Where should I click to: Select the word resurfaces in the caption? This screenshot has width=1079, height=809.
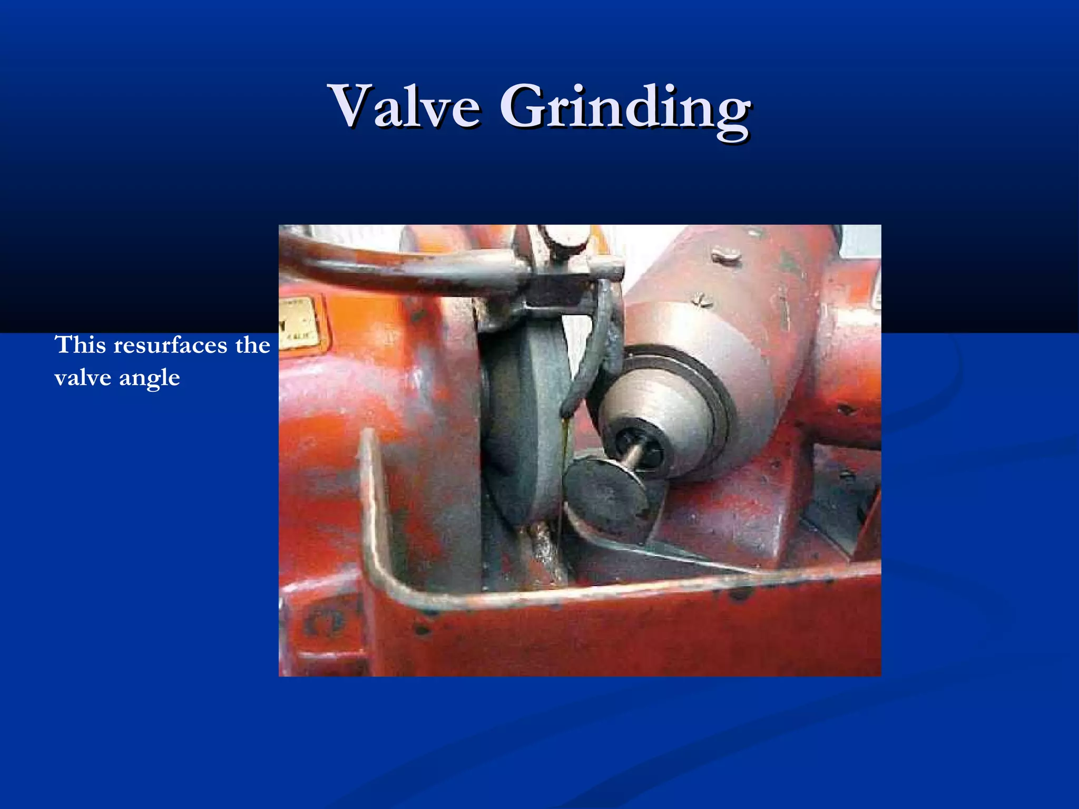170,345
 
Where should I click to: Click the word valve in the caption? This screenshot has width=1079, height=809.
82,378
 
